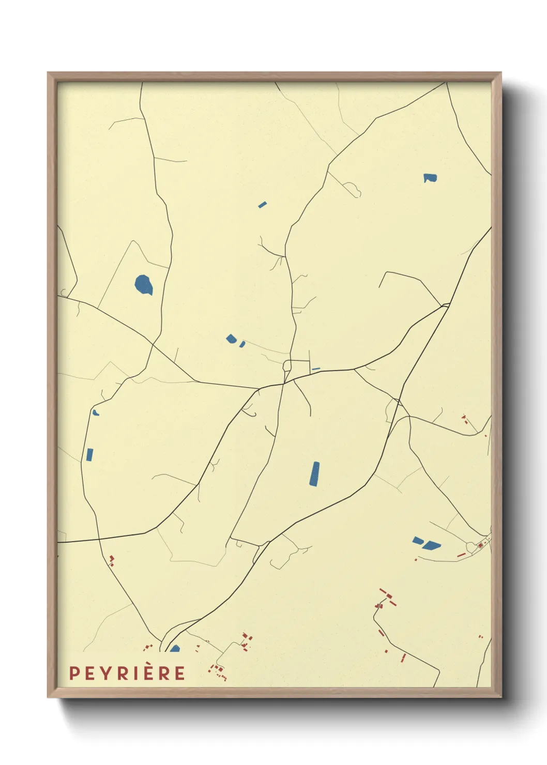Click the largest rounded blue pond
pos(144,285)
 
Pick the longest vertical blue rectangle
pos(314,474)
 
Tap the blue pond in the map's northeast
pos(430,178)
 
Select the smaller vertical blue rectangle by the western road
pos(89,455)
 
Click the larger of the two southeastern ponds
pos(431,545)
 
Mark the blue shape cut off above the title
pos(175,649)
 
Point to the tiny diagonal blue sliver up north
pos(262,205)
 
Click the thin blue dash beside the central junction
pos(316,369)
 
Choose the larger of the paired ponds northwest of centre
pos(231,339)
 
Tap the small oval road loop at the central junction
pos(287,366)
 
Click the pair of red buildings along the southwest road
pos(111,560)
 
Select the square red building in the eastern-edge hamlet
pos(480,545)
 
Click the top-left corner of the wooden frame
pos(48,73)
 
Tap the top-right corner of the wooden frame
pos(500,73)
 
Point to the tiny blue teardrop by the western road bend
pos(96,412)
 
